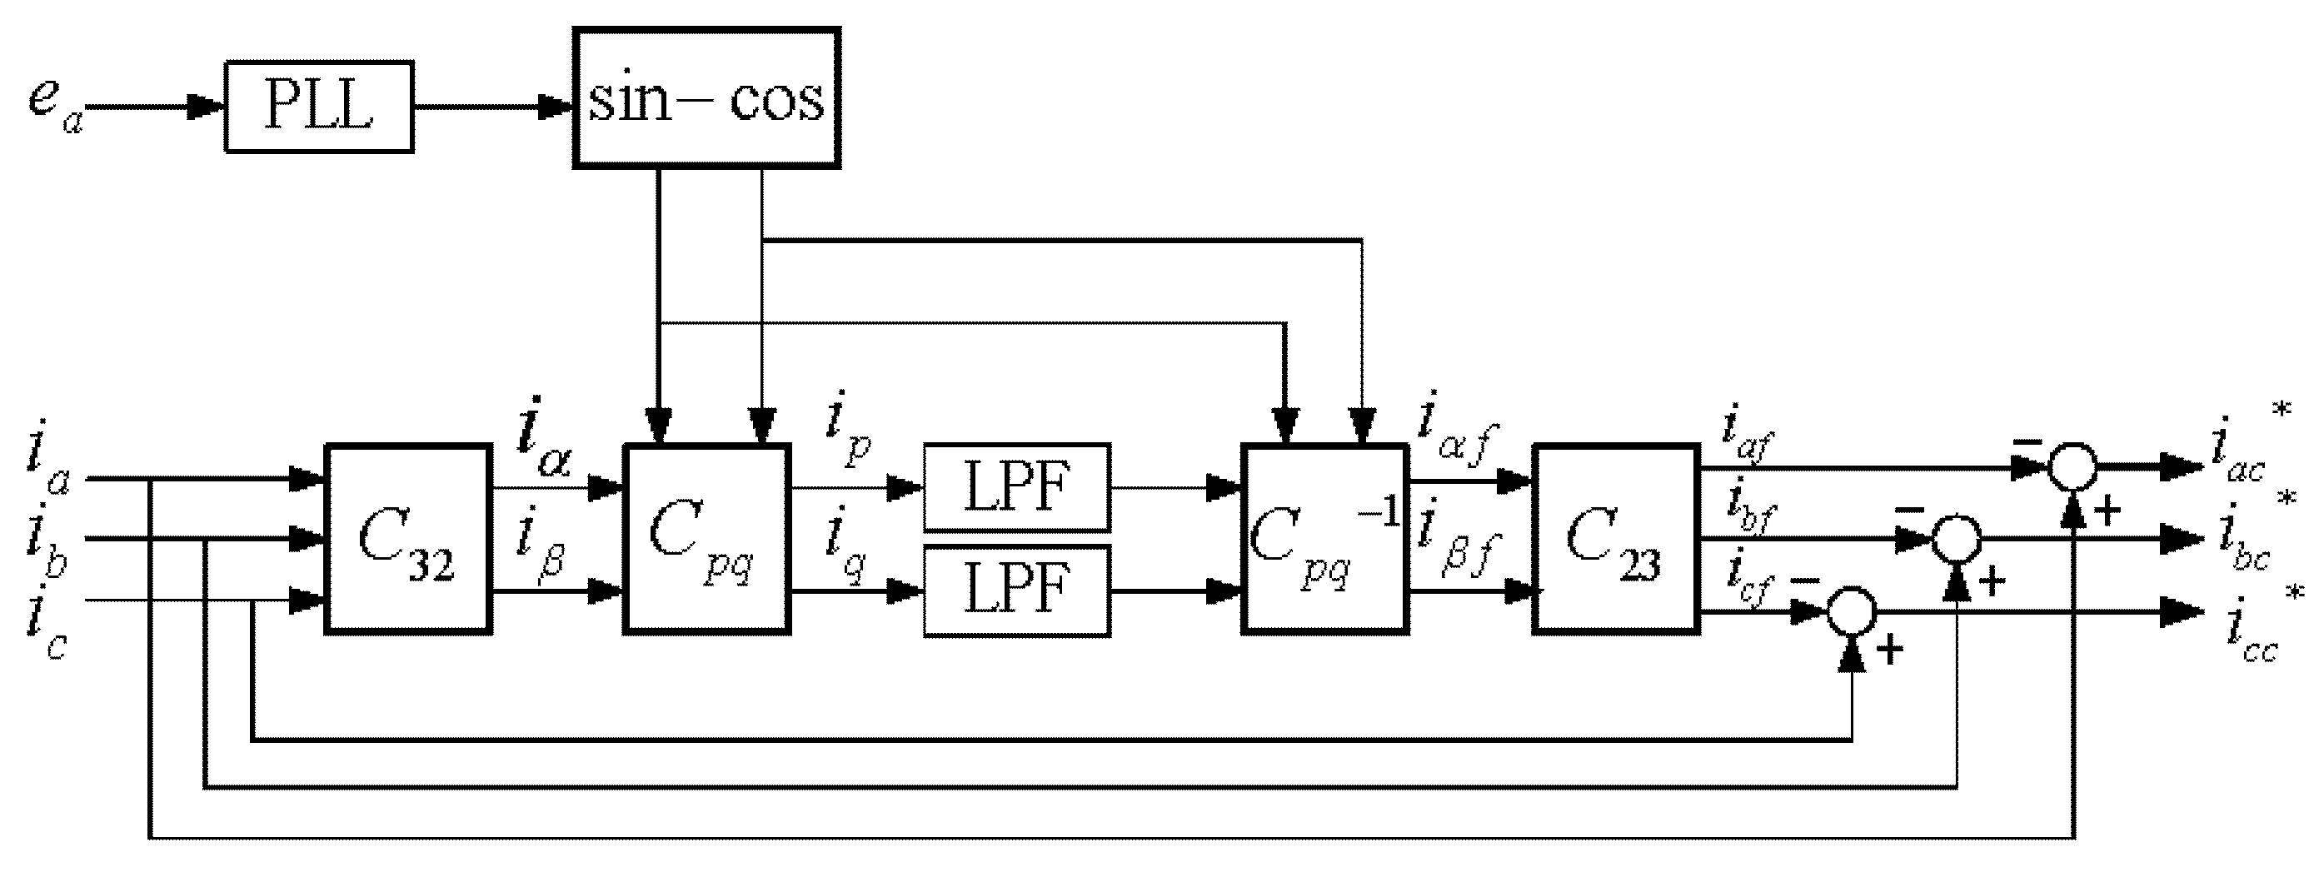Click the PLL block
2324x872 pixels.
click(x=319, y=107)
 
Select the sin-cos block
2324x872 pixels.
click(x=706, y=98)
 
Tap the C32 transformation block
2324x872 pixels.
click(x=408, y=539)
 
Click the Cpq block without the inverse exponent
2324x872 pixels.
click(x=706, y=539)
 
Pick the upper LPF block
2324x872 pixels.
click(x=1017, y=487)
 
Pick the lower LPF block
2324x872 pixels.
click(x=1017, y=590)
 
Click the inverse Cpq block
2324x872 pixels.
click(x=1324, y=539)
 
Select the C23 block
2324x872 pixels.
click(x=1616, y=539)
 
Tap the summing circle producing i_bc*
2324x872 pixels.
click(x=1955, y=539)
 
